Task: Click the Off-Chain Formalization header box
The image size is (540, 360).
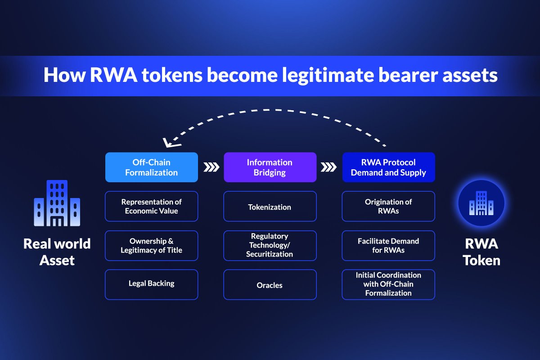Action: point(151,167)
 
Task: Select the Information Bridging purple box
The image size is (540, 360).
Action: point(270,167)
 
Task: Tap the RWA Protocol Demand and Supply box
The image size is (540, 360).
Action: point(388,167)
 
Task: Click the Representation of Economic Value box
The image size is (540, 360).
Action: point(151,207)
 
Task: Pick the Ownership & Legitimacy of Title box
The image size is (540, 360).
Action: point(151,246)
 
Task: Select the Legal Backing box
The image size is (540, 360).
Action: point(151,284)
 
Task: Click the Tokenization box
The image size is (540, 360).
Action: point(270,207)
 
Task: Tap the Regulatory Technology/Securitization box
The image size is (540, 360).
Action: point(270,246)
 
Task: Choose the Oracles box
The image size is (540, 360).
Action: point(270,284)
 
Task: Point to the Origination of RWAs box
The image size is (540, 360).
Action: point(388,207)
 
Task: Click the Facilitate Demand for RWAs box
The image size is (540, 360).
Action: point(388,246)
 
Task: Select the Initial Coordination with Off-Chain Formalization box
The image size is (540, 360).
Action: point(388,284)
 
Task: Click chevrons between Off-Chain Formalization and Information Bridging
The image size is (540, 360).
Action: point(211,167)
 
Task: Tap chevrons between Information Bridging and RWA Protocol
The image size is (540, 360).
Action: point(329,167)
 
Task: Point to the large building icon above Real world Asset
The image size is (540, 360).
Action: point(57,203)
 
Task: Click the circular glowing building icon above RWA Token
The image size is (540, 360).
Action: point(481,203)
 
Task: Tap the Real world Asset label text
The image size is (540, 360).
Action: point(57,252)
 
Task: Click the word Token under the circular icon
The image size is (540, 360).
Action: point(481,260)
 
